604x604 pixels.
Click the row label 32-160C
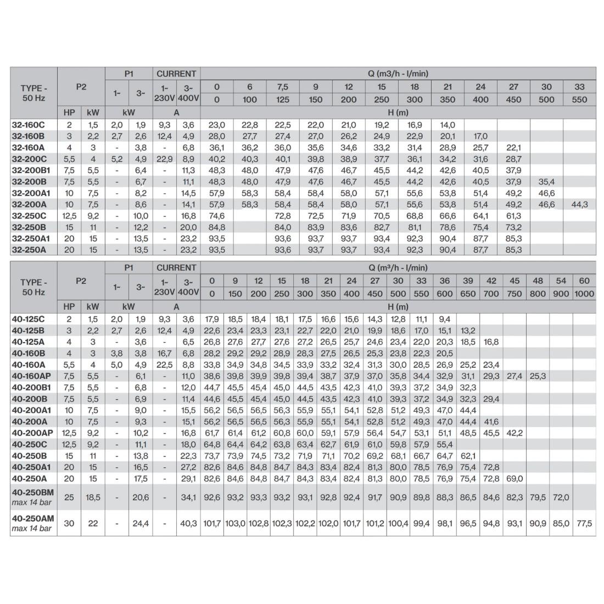pos(28,125)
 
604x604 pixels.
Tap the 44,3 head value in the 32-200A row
pos(579,204)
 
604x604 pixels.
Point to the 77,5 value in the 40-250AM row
pos(584,523)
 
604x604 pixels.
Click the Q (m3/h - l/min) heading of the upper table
pos(398,74)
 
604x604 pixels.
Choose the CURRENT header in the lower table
pos(176,267)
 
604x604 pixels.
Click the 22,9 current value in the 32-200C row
pos(164,159)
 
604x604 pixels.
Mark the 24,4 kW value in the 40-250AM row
pos(141,523)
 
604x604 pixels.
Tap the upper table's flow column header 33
pos(579,87)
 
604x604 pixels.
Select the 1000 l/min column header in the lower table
pos(584,294)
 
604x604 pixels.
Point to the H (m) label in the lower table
pos(398,307)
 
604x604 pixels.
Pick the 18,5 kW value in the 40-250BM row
pos(93,497)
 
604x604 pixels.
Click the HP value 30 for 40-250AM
pos(69,523)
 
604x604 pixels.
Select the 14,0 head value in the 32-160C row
pos(448,125)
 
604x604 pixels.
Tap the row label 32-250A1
pos(31,238)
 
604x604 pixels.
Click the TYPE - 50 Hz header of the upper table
pos(33,93)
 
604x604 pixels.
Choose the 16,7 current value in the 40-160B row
pos(164,353)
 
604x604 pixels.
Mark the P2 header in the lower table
pos(81,281)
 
